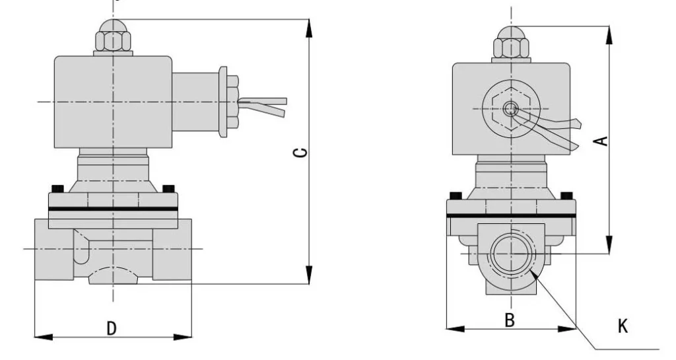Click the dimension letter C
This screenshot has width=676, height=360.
300,153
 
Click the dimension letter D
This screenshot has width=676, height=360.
112,327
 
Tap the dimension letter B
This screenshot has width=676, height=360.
510,320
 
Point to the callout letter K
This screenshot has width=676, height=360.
623,326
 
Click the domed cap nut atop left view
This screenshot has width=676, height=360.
113,37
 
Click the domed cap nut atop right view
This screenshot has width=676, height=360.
512,43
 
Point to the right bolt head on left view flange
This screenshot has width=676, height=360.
168,189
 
